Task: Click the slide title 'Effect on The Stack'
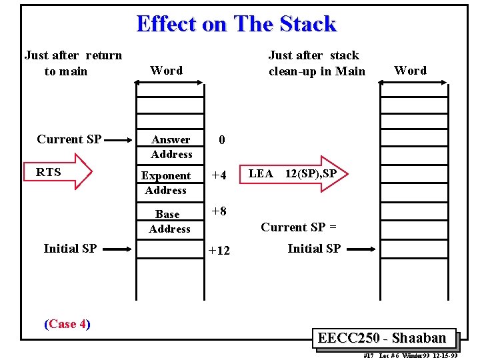pos(236,24)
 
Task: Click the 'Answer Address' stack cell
pos(171,147)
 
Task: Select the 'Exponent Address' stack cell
pos(166,183)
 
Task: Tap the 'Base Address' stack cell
pos(169,221)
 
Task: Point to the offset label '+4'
pos(219,176)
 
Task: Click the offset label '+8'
pos(219,211)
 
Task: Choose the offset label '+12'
pos(219,251)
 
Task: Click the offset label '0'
pos(222,140)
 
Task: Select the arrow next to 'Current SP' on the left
pos(119,140)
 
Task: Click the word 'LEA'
pos(260,174)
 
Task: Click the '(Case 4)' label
pos(67,324)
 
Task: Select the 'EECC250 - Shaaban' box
pos(382,338)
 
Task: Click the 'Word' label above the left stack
pos(166,70)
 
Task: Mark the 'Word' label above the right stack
pos(410,70)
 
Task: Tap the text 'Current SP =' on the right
pos(299,227)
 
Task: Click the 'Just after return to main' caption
pos(73,63)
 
